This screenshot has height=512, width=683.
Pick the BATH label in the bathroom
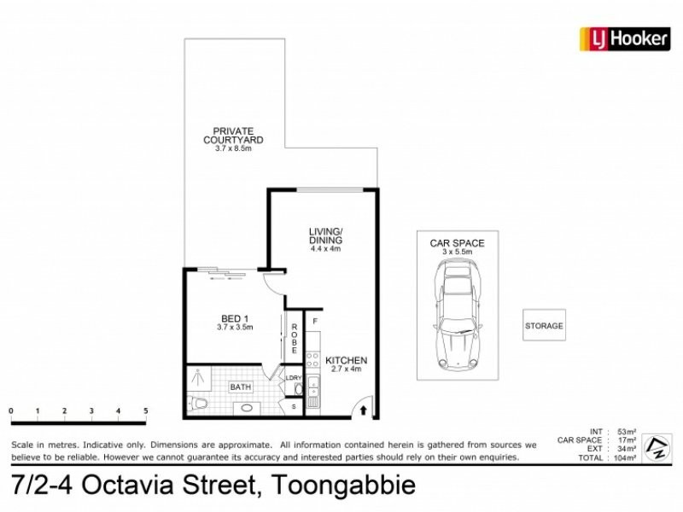pyautogui.click(x=241, y=387)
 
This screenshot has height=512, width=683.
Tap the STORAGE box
pyautogui.click(x=544, y=326)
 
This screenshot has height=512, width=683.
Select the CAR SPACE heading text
pyautogui.click(x=457, y=243)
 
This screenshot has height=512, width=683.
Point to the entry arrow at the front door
pyautogui.click(x=365, y=411)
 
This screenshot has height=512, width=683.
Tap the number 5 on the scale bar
pyautogui.click(x=146, y=411)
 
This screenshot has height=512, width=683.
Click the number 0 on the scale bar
pyautogui.click(x=11, y=411)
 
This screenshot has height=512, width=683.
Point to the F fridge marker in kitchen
pyautogui.click(x=315, y=322)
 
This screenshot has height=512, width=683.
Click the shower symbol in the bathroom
pyautogui.click(x=198, y=376)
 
